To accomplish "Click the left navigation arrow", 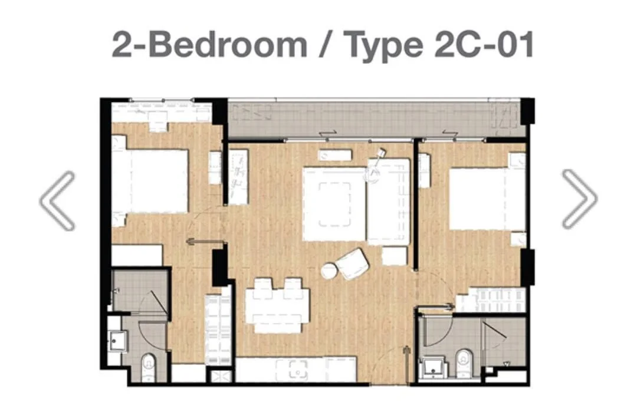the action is (x=57, y=200).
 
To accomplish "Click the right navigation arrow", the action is (x=580, y=199).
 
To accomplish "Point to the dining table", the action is (x=277, y=305).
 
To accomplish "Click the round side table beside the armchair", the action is (x=329, y=271).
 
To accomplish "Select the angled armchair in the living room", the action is (x=353, y=264).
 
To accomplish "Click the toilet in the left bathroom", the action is (x=149, y=367).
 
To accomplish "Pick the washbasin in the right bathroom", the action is (x=433, y=367).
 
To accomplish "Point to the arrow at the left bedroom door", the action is (x=206, y=242).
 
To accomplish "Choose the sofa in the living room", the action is (x=388, y=202).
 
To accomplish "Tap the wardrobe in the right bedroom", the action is (x=491, y=299).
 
